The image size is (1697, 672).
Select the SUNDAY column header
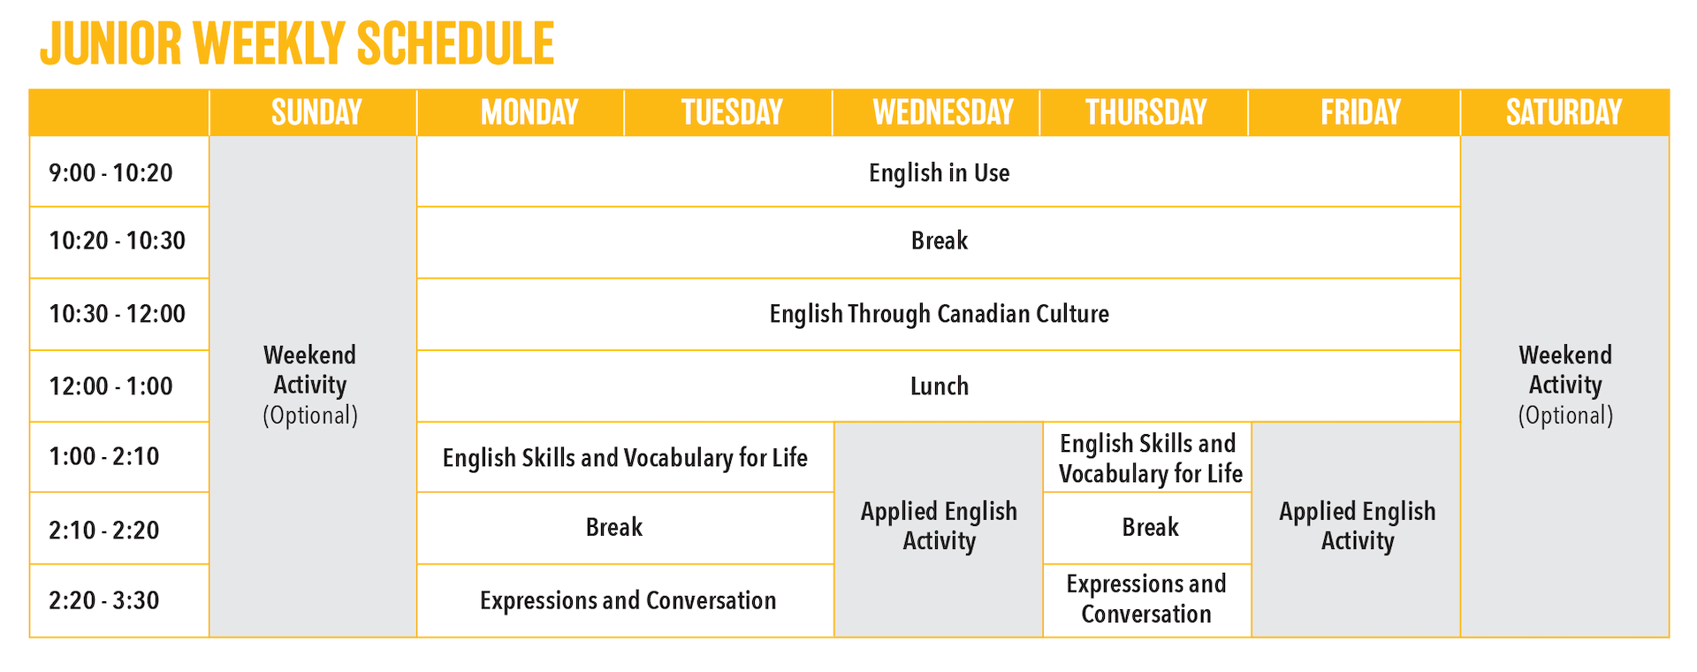click(x=316, y=112)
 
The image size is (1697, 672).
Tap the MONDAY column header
click(x=529, y=112)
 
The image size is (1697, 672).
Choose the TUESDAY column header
click(x=732, y=112)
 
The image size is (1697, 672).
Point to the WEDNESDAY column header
click(x=942, y=112)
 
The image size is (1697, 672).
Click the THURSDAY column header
click(x=1145, y=112)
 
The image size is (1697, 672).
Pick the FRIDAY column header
click(x=1360, y=112)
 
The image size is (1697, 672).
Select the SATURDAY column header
click(x=1564, y=112)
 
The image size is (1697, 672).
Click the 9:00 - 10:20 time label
click(x=110, y=172)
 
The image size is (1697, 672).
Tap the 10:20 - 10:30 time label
click(x=117, y=241)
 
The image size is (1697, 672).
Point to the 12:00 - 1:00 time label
click(x=110, y=386)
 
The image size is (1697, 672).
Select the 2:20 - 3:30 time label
click(x=103, y=600)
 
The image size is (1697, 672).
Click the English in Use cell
click(x=939, y=172)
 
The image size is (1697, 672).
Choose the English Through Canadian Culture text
click(x=939, y=314)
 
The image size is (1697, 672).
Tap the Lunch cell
click(x=939, y=386)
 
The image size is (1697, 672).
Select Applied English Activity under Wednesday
click(x=939, y=526)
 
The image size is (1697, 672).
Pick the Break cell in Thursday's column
click(x=1150, y=527)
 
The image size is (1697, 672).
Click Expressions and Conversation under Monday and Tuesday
click(x=628, y=600)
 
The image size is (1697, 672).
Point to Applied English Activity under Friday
click(x=1357, y=526)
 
